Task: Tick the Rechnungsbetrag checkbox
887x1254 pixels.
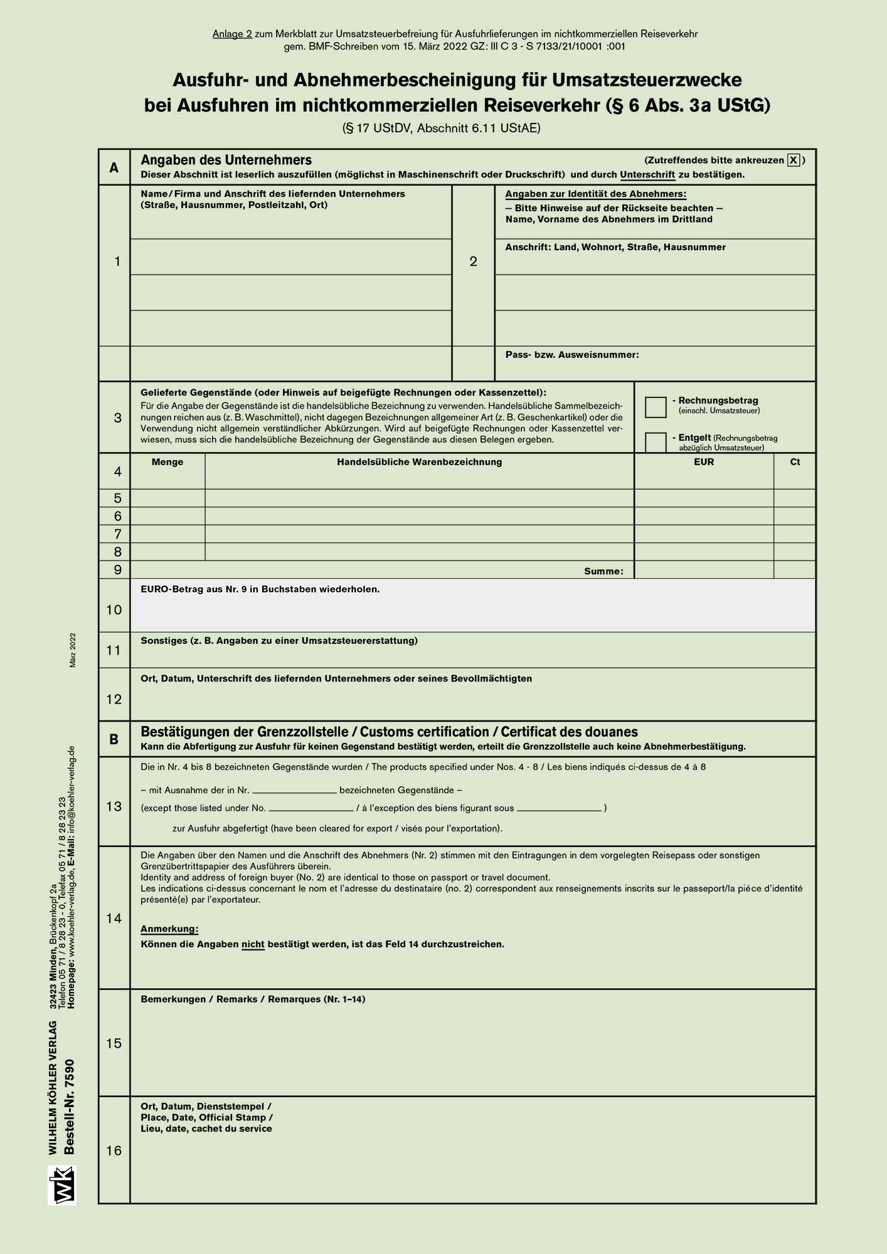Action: [656, 407]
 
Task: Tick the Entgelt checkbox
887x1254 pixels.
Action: [656, 442]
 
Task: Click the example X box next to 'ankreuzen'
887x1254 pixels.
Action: [794, 161]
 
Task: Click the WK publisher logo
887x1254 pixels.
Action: [62, 1184]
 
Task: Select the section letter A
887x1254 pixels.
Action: [114, 167]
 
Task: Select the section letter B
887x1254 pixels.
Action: [114, 739]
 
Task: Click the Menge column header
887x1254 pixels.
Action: [167, 462]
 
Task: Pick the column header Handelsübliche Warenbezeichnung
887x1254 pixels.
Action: [419, 462]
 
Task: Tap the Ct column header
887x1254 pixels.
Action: [795, 462]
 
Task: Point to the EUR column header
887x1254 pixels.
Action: [704, 462]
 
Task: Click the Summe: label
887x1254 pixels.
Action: [603, 571]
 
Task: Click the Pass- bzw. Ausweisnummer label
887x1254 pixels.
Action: [572, 355]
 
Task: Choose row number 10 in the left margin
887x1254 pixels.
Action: [114, 609]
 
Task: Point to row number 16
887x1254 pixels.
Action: [114, 1151]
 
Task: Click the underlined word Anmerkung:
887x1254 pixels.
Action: [169, 929]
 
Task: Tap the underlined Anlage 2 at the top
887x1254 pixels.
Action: [232, 34]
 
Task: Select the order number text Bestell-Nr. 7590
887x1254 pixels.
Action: [70, 1107]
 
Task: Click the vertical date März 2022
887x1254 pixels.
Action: [73, 650]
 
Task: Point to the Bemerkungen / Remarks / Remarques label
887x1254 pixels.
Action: [253, 999]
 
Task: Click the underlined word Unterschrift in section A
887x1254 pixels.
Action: [647, 175]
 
